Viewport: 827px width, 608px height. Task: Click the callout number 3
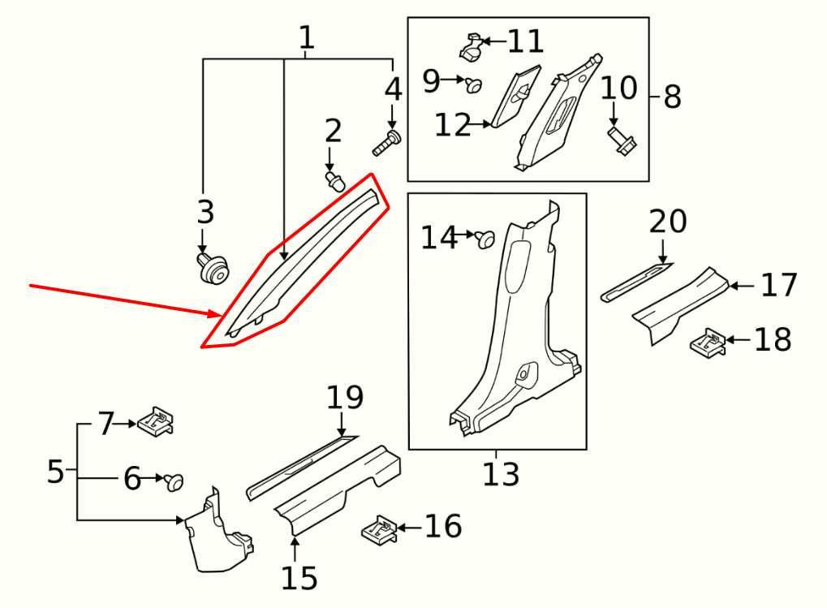205,213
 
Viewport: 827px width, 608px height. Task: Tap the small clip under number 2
333,179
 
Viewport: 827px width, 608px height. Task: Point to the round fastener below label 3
213,267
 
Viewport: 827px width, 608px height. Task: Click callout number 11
526,41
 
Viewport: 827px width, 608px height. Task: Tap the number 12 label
453,125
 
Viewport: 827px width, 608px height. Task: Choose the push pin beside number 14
485,239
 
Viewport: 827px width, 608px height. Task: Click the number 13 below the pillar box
501,473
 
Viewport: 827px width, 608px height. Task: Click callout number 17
779,286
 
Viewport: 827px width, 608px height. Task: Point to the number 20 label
668,222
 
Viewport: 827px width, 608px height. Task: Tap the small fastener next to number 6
174,482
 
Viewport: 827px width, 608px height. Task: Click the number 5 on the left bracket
55,471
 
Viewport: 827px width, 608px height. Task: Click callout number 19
345,398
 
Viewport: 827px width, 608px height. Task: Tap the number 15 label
299,578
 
